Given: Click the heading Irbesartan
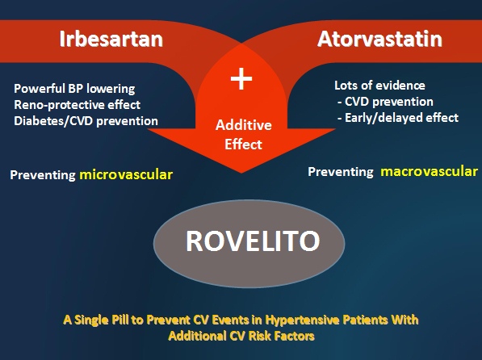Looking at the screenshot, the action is [111, 39].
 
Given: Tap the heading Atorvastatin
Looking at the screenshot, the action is [379, 39].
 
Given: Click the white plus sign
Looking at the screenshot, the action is [241, 79].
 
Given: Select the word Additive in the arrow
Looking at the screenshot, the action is [244, 125].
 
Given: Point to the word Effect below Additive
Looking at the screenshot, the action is [243, 144].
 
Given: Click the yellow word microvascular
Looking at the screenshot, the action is [126, 174].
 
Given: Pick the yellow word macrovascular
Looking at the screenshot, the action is [430, 171].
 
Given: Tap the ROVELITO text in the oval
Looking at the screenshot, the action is [253, 241].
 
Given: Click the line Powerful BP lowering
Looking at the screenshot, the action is [74, 89].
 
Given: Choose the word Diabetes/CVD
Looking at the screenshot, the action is [53, 121].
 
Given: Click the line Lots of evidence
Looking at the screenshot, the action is [379, 86].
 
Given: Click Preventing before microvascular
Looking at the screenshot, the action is [43, 175].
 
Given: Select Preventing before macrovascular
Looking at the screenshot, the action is [341, 172].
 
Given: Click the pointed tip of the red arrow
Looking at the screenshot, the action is [241, 173].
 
